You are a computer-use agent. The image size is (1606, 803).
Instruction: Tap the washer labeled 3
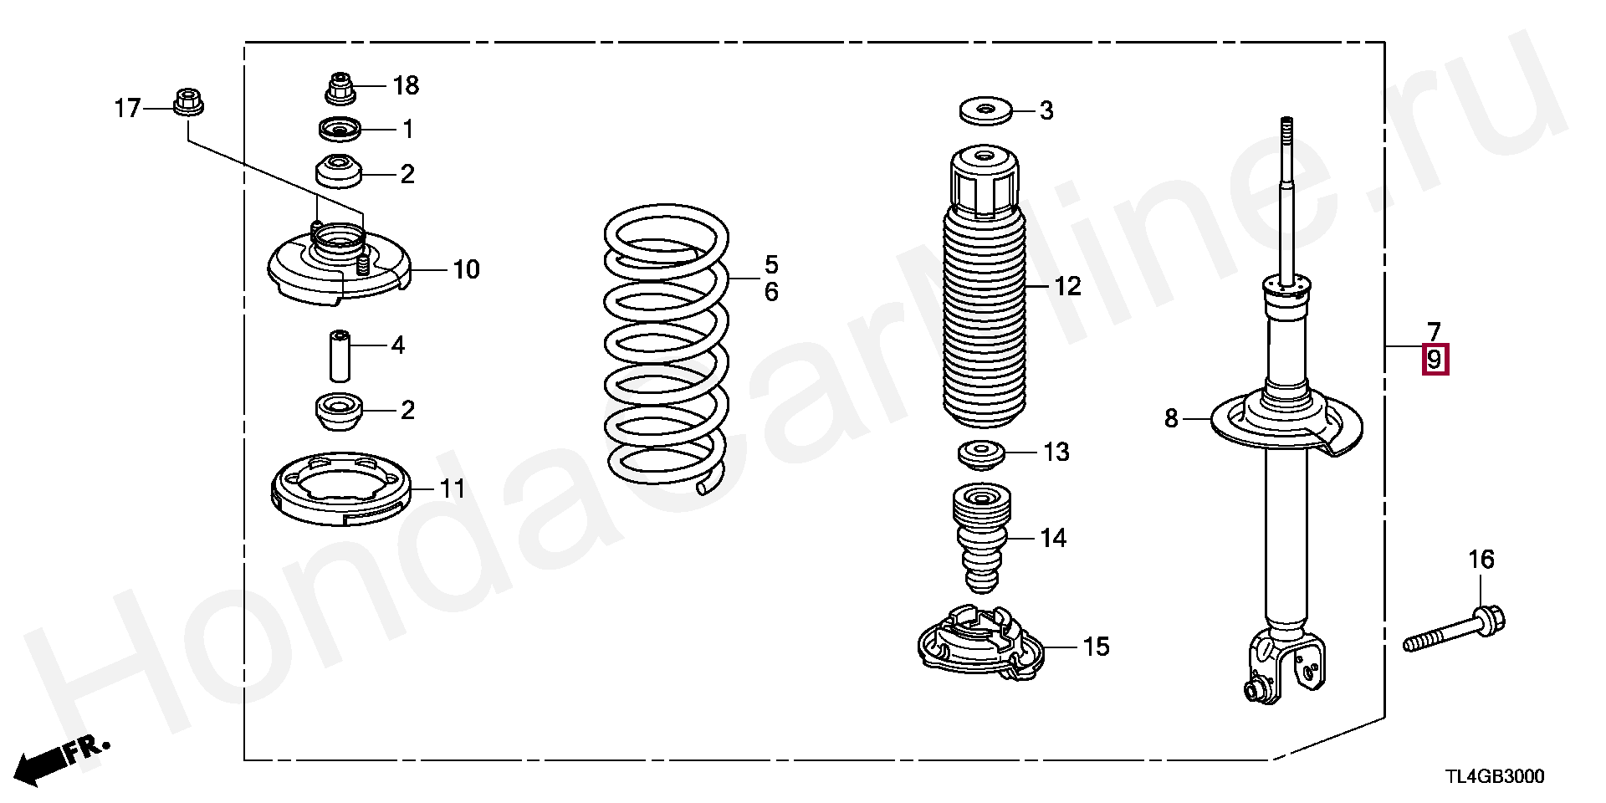pos(985,110)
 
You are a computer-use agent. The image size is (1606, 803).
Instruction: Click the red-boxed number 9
pos(1435,361)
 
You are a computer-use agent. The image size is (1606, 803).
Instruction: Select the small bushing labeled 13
pos(980,455)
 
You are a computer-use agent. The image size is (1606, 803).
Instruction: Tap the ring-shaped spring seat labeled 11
pos(341,488)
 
